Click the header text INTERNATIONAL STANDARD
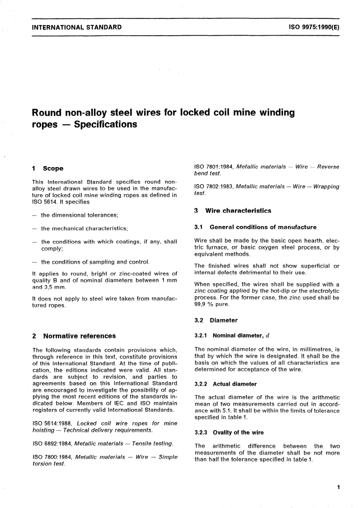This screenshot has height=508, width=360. coord(77,27)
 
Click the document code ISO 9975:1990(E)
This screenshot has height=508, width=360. coord(314,27)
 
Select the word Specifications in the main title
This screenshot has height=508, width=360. coord(105,124)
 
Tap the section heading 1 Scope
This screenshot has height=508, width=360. coord(48,169)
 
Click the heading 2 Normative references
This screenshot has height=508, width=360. coord(74,336)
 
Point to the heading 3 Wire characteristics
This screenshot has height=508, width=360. coord(233,211)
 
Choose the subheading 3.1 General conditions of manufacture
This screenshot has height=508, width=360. coord(255,227)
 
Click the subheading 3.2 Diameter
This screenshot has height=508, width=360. coord(216,320)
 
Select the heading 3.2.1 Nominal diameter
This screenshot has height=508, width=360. coord(232,336)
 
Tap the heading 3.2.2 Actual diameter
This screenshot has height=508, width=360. coord(225,384)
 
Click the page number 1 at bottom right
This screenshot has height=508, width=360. coord(338,487)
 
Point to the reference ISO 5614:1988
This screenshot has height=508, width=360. coord(53,423)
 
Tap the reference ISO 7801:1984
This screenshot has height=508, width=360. coord(214,167)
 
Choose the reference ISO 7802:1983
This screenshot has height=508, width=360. coord(214,186)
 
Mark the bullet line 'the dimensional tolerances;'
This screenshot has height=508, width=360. coord(80,215)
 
